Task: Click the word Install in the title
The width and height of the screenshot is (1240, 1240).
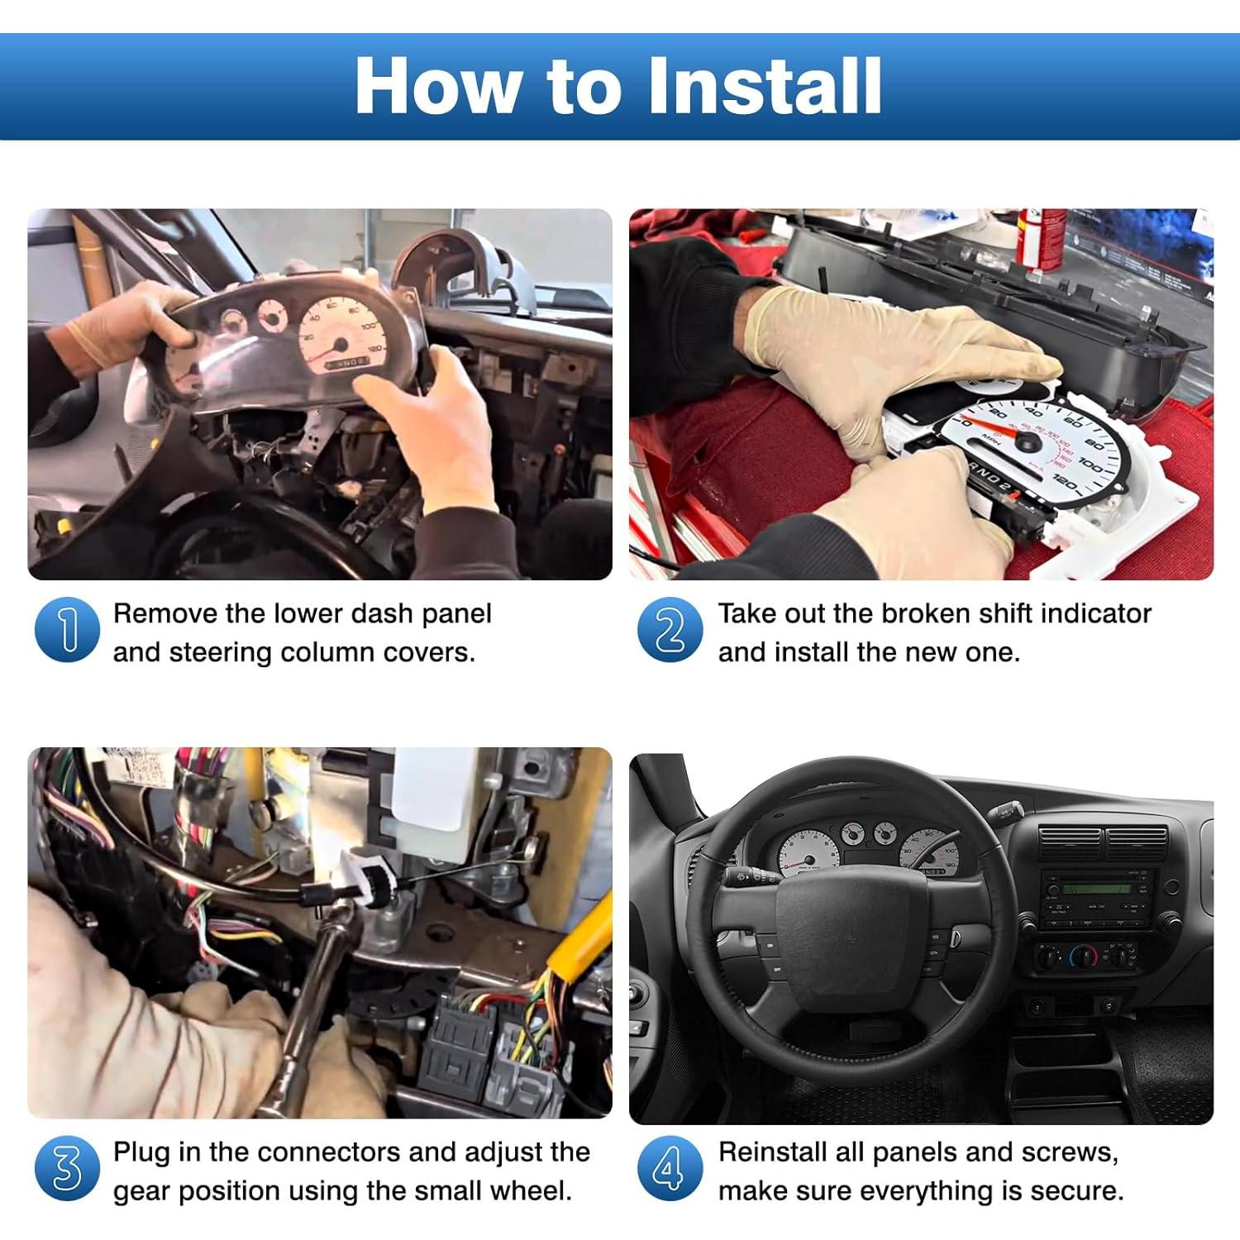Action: coord(764,86)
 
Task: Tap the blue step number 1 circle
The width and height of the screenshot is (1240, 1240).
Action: coord(67,630)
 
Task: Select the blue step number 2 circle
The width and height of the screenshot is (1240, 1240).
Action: coord(670,630)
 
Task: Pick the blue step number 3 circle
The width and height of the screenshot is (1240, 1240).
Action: coord(67,1169)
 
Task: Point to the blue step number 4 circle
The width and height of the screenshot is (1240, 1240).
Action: coord(670,1169)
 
